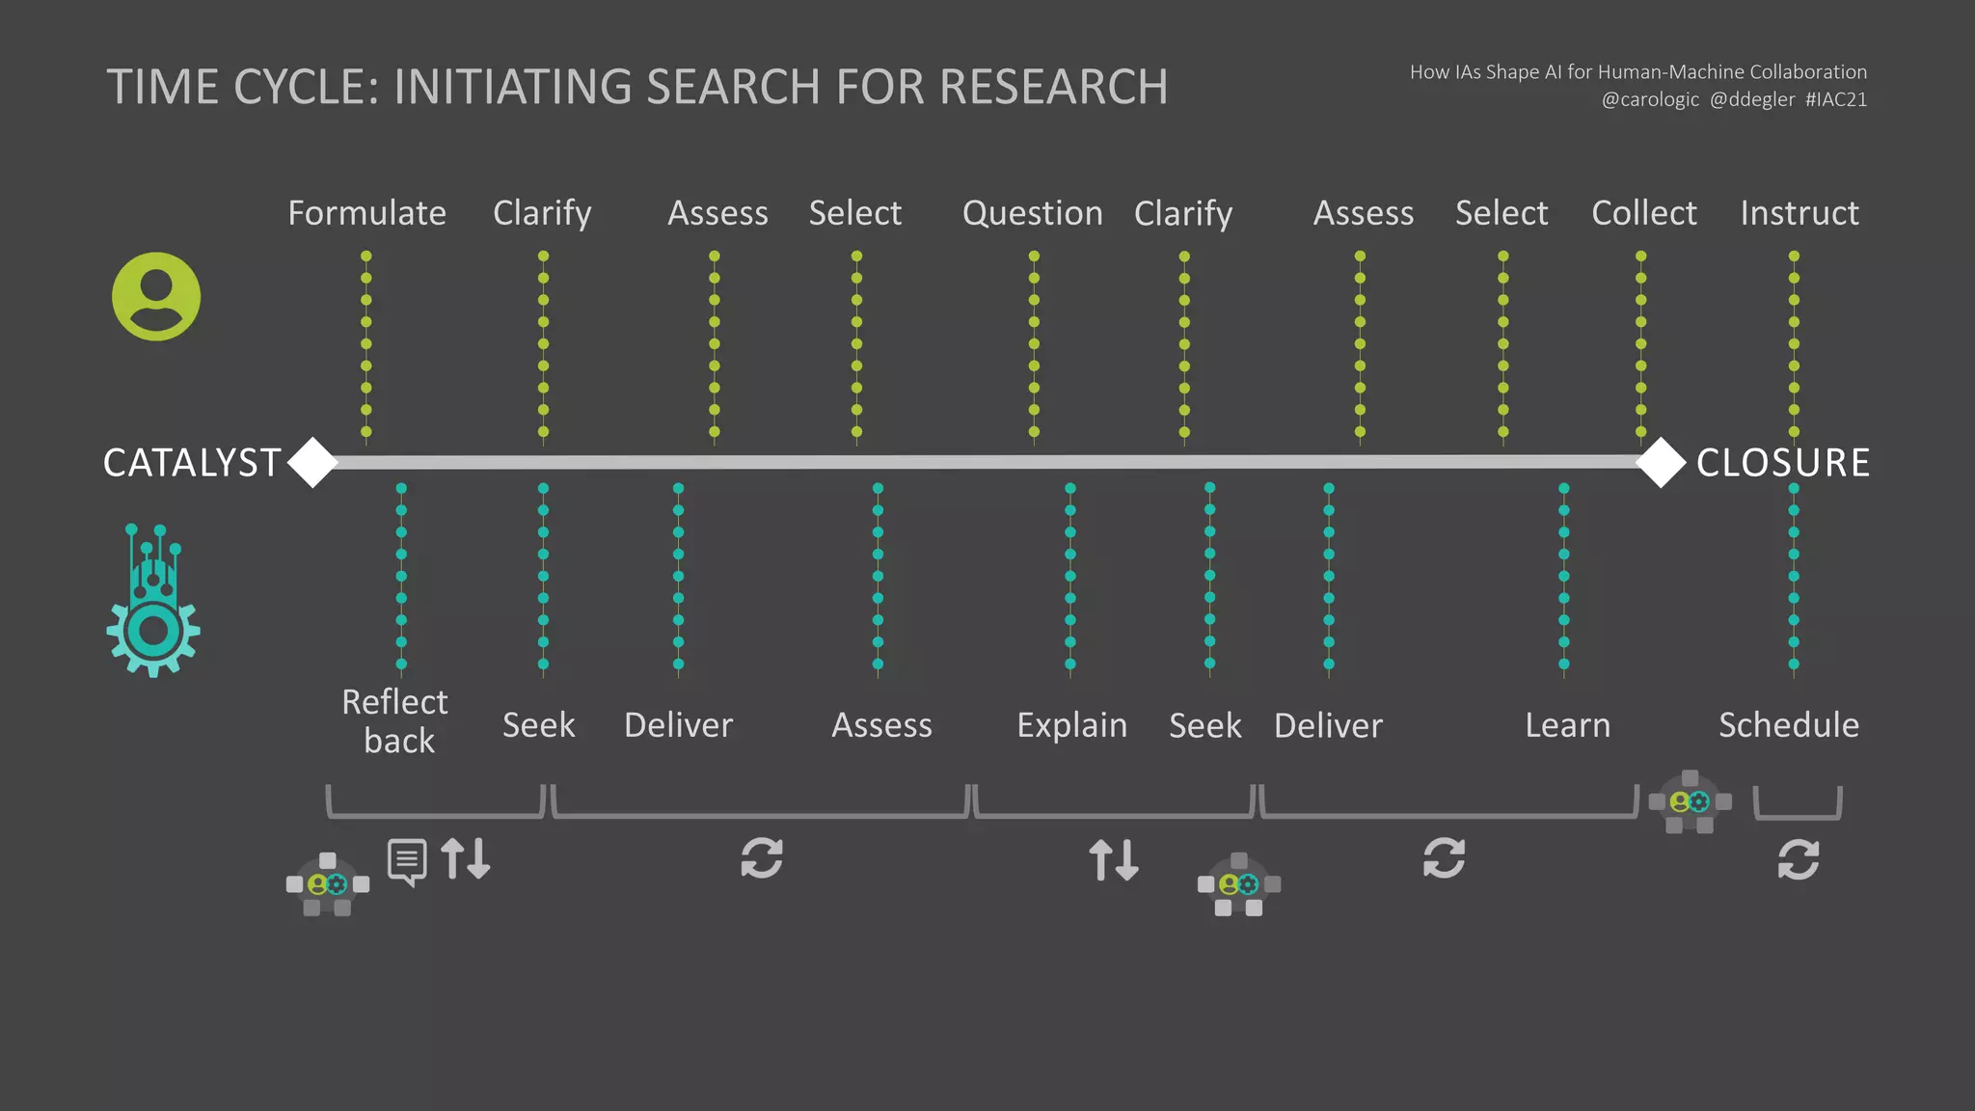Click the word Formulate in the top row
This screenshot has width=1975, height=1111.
tap(366, 213)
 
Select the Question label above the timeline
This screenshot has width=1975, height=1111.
tap(1032, 213)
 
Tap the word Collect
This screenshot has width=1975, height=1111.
tap(1643, 213)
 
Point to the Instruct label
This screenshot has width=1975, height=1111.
tap(1799, 213)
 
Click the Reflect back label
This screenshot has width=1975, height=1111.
tap(395, 721)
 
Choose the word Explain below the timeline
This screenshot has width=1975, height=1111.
tap(1071, 725)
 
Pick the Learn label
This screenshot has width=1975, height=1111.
tap(1567, 725)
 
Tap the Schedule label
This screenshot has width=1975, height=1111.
tap(1788, 725)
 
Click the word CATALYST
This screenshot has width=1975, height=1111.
tap(192, 463)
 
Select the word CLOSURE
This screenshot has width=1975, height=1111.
tap(1782, 463)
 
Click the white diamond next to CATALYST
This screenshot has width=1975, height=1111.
tap(312, 462)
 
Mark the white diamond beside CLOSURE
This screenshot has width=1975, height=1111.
tap(1661, 462)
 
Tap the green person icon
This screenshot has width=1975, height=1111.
tap(156, 296)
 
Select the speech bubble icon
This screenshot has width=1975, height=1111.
tap(407, 861)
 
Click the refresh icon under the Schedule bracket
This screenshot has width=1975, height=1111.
tap(1799, 859)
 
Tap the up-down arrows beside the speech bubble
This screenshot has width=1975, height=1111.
tap(466, 858)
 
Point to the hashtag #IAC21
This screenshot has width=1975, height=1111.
tap(1836, 99)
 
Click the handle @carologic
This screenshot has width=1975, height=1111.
tap(1650, 99)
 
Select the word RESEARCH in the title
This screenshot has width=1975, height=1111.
tap(1053, 87)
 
